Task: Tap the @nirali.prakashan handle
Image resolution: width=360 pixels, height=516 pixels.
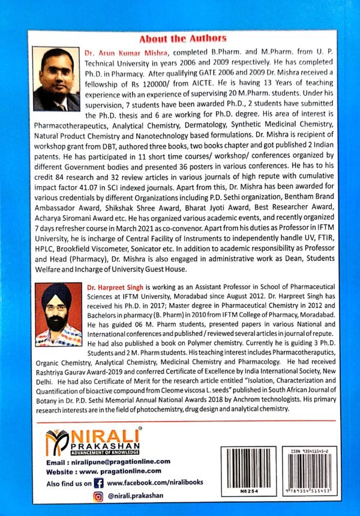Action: (137, 496)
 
